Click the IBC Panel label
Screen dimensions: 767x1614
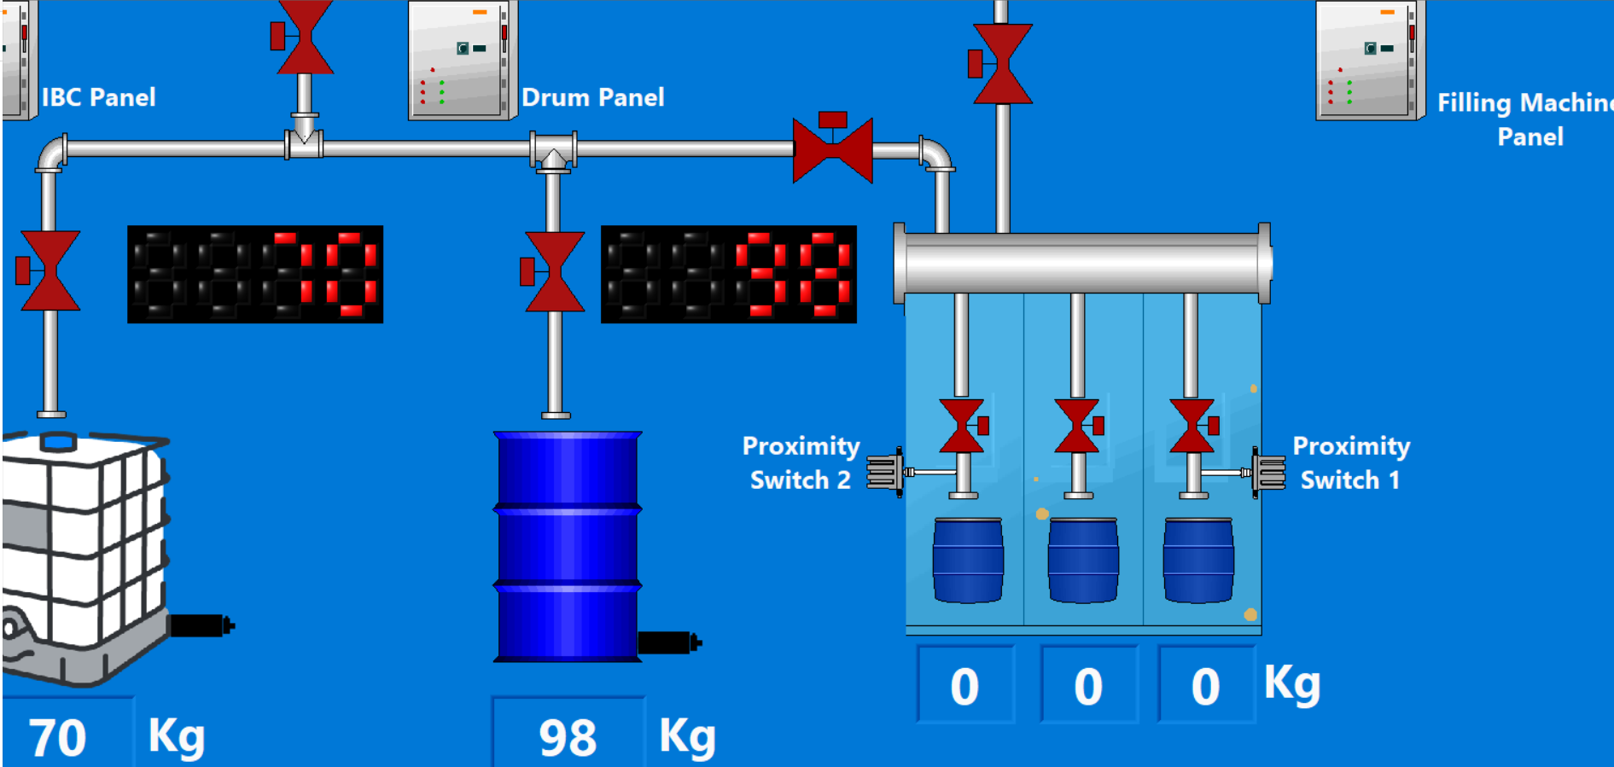click(98, 97)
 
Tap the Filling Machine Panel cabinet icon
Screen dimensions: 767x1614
click(1369, 60)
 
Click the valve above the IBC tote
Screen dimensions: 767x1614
click(49, 270)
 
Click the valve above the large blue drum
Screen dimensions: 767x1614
click(553, 271)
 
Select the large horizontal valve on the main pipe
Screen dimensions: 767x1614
click(832, 149)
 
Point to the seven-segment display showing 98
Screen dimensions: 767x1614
click(728, 274)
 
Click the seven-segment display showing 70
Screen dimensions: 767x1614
click(254, 274)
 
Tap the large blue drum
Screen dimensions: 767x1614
click(568, 546)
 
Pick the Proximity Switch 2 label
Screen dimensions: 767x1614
click(800, 462)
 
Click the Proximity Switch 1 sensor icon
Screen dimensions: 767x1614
click(1268, 472)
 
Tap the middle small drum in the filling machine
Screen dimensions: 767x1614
click(1082, 560)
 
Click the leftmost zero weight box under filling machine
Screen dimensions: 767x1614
click(965, 686)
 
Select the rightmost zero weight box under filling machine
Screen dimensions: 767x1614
click(1205, 686)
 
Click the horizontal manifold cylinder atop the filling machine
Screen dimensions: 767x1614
click(1081, 263)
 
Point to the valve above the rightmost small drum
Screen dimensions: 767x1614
click(1193, 426)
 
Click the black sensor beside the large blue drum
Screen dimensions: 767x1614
click(667, 642)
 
